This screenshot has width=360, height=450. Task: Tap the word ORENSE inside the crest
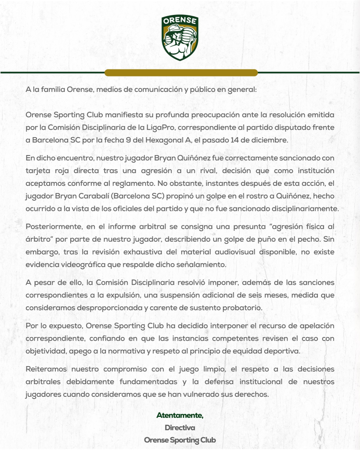coord(180,21)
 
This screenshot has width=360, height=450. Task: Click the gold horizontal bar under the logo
coord(180,73)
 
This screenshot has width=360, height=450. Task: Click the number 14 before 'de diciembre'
coord(234,140)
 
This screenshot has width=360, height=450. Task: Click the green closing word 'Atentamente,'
coord(180,415)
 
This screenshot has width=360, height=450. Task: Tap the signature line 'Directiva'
coord(180,427)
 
